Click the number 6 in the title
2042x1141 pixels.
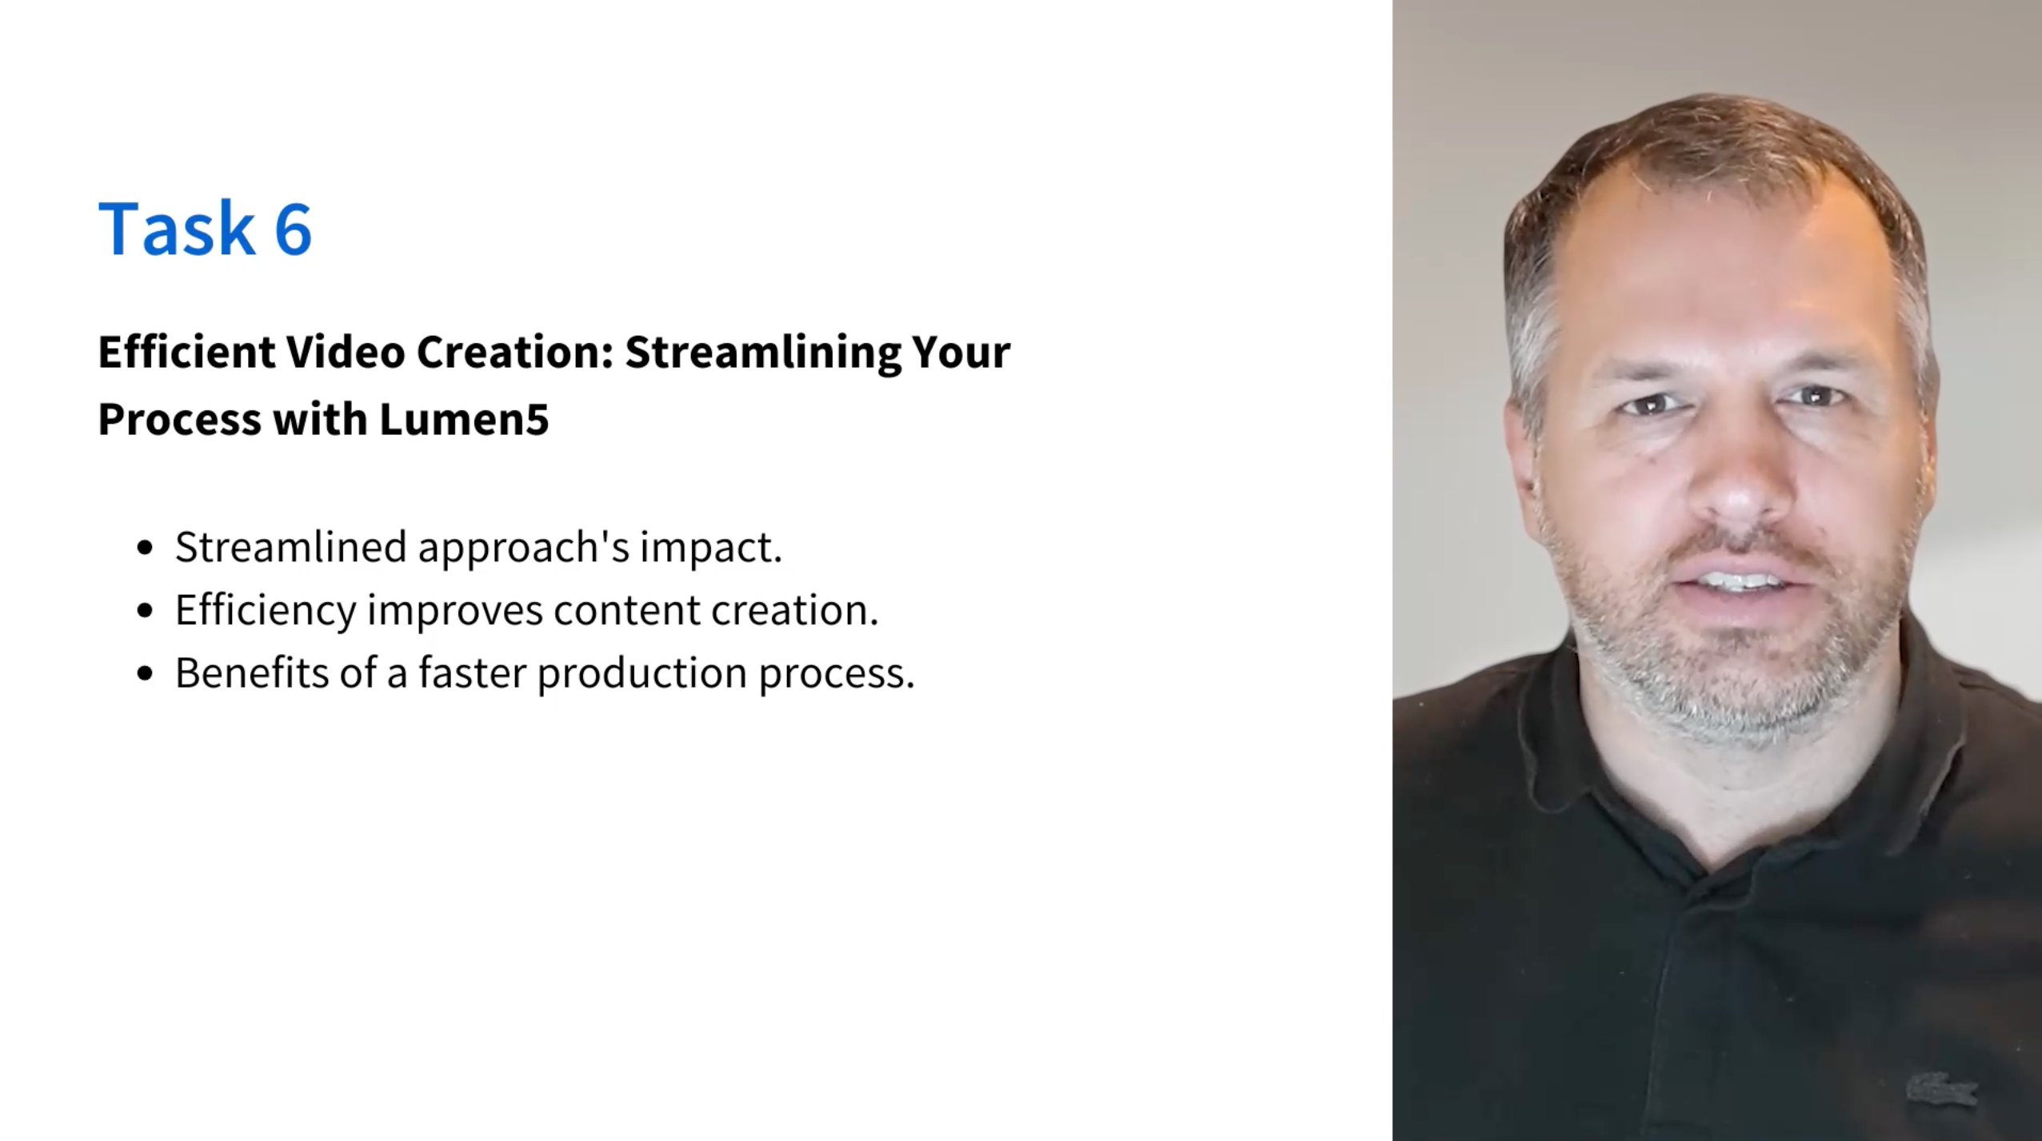point(293,229)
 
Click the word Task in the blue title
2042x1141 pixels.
point(176,228)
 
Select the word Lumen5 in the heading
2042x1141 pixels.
point(464,419)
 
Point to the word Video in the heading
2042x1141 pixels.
point(346,352)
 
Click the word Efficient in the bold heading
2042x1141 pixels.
point(187,352)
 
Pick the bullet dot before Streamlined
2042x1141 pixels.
point(145,548)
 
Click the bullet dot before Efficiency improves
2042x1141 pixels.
point(145,611)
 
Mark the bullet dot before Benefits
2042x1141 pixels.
point(145,673)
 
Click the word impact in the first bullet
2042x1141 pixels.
point(710,549)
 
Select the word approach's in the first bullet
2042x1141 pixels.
point(524,549)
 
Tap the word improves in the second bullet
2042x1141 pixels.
point(455,612)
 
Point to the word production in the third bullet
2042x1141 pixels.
point(642,674)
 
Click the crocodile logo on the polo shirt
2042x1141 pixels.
point(1941,1090)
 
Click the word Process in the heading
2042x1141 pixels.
point(180,419)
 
